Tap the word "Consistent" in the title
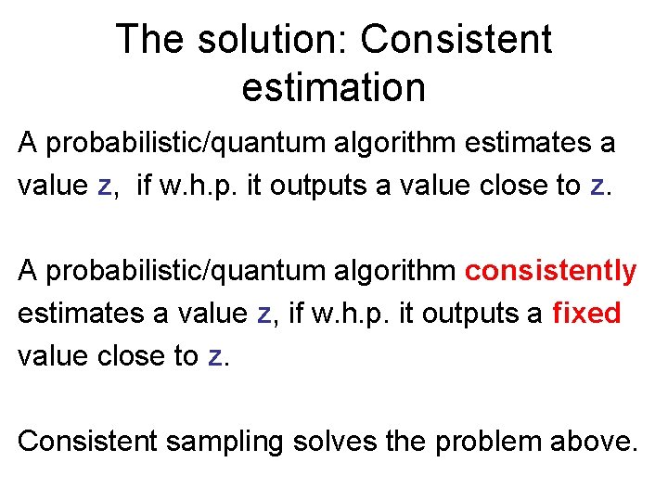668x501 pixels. pos(456,40)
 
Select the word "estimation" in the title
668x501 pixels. pos(333,88)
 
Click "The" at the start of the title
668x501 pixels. pos(148,40)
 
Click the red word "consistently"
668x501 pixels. pos(551,271)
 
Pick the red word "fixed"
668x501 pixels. pos(586,314)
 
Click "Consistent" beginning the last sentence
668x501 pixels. pos(89,442)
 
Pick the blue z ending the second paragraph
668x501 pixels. pos(214,356)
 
